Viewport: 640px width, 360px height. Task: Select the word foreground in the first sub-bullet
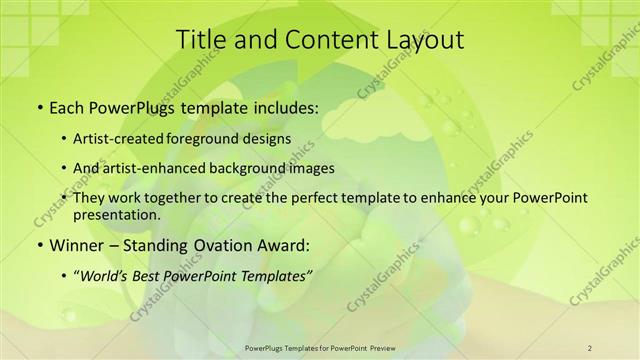point(223,138)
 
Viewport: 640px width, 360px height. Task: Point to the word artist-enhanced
point(166,168)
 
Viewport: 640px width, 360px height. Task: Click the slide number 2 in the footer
point(590,347)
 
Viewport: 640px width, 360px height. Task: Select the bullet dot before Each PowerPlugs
point(39,106)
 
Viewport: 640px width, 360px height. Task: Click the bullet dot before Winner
point(39,244)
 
